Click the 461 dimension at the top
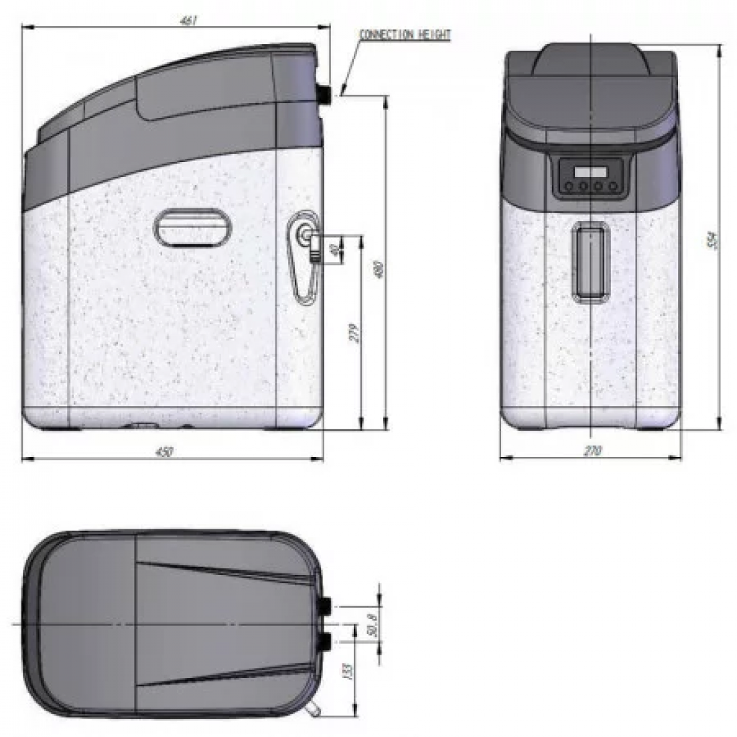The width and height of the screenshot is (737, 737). (x=189, y=21)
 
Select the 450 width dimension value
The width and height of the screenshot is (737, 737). (x=164, y=452)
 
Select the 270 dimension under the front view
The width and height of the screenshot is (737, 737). (x=592, y=451)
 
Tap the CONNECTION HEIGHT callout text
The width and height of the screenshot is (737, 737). (x=405, y=35)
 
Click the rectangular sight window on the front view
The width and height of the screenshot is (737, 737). (x=590, y=261)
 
